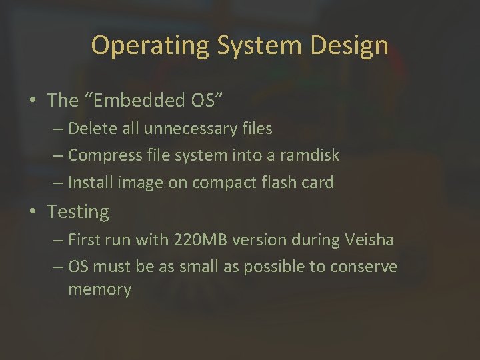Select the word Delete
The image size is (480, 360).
pos(90,127)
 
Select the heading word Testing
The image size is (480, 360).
pos(78,212)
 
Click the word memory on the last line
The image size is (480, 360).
pos(100,289)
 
